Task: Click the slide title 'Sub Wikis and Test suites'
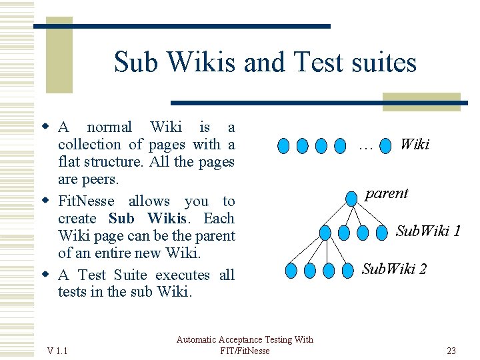[x=265, y=63]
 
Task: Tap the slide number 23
[x=451, y=351]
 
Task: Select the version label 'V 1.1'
[x=62, y=351]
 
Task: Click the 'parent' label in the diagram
[x=386, y=194]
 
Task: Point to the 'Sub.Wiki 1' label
[x=428, y=231]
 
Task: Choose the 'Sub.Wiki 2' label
[x=394, y=269]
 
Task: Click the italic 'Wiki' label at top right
[x=414, y=145]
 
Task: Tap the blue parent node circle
[x=351, y=198]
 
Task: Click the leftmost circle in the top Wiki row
[x=283, y=145]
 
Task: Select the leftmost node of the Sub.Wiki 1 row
[x=325, y=233]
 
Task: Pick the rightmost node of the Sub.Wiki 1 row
[x=381, y=233]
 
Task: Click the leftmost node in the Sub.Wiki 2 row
[x=291, y=271]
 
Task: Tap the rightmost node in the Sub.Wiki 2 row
[x=347, y=271]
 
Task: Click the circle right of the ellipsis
[x=385, y=145]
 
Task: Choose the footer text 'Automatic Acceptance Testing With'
[x=245, y=340]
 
